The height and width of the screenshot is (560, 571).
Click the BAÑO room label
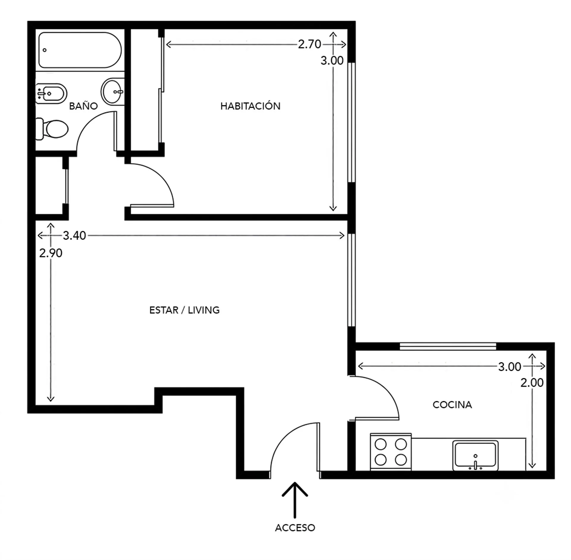pos(83,106)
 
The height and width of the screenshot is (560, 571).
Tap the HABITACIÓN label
pos(250,106)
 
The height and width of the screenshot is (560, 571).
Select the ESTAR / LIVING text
pos(184,310)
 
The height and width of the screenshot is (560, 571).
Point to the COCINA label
pos(452,405)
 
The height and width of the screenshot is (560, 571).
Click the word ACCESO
pos(295,528)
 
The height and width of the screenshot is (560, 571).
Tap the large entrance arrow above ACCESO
pos(295,500)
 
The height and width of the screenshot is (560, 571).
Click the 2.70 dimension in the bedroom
pos(310,44)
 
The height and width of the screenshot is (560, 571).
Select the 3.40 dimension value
pos(74,236)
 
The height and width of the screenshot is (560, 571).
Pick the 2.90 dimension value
pos(51,253)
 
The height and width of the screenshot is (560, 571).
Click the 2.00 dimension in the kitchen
pos(532,382)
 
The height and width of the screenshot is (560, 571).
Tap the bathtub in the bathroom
pos(80,50)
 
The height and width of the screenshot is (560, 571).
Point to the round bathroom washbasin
pos(112,91)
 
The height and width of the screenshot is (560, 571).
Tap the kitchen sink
pos(475,456)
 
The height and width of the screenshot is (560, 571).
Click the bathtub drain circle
pos(45,50)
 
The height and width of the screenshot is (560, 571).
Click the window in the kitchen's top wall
pos(448,346)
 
